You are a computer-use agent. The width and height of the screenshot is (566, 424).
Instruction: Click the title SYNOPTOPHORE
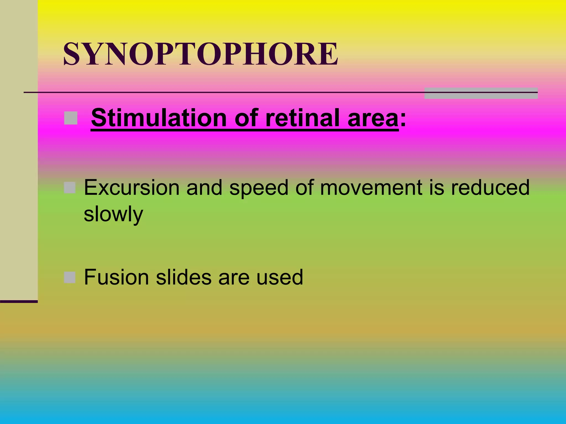pyautogui.click(x=201, y=54)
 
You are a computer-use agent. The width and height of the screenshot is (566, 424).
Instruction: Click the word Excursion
pyautogui.click(x=132, y=188)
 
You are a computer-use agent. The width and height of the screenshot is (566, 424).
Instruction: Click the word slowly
pyautogui.click(x=113, y=214)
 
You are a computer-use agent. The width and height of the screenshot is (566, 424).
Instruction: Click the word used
pyautogui.click(x=280, y=277)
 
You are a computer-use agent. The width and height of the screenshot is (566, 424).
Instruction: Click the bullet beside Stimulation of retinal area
pyautogui.click(x=71, y=118)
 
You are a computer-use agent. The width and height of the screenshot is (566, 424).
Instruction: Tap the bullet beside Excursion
pyautogui.click(x=70, y=188)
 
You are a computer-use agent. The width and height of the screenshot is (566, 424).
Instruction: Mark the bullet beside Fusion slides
pyautogui.click(x=70, y=277)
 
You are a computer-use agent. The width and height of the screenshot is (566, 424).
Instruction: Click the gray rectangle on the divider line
pyautogui.click(x=481, y=93)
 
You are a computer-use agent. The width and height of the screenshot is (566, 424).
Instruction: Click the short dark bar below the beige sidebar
pyautogui.click(x=19, y=301)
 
